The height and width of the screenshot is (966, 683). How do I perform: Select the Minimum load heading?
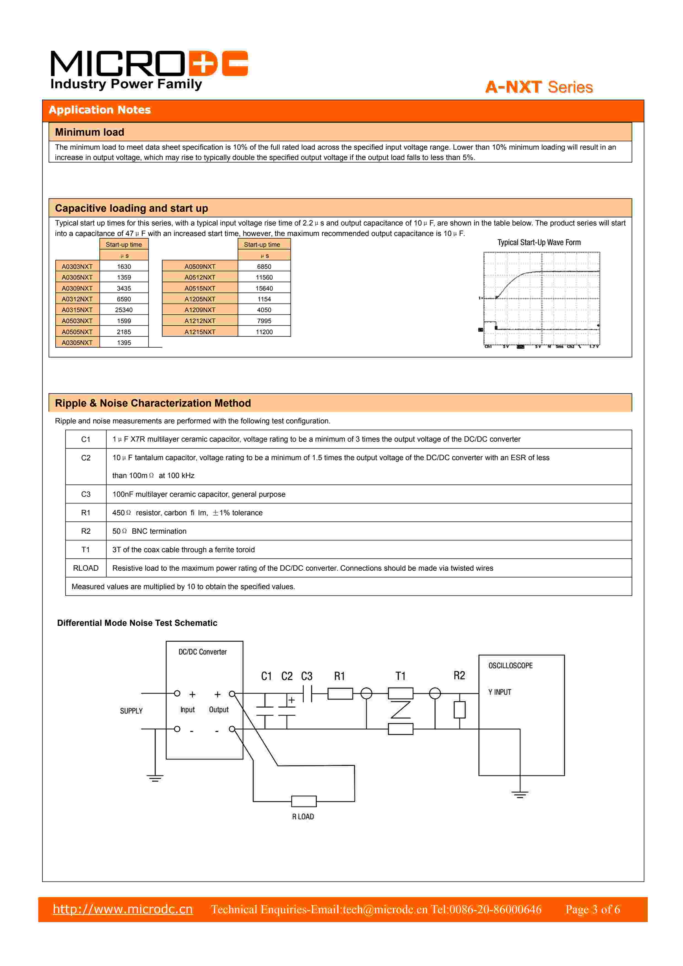coord(90,132)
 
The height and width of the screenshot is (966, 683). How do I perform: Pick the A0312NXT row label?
coord(77,299)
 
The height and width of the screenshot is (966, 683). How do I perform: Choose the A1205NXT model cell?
coord(200,299)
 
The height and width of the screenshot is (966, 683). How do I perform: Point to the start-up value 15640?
coord(264,288)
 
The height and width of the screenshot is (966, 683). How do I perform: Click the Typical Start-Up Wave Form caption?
coord(539,242)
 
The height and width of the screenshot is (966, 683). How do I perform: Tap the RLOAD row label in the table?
coord(86,568)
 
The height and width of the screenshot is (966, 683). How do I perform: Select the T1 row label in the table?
coord(86,549)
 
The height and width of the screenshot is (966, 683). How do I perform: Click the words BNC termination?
coord(159,531)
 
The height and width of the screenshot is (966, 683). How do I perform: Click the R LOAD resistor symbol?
coord(304,801)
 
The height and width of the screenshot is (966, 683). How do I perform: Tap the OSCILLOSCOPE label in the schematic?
coord(510,666)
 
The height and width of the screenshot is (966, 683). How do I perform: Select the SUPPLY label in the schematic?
coord(131,711)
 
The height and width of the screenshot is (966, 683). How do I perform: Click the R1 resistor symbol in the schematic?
coord(340,693)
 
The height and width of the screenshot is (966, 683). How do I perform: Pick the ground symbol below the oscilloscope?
coord(520,794)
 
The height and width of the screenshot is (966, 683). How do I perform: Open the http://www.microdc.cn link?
coord(123,909)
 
